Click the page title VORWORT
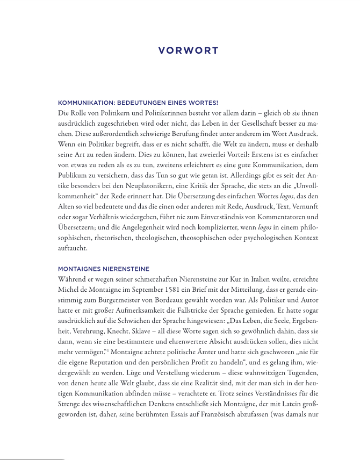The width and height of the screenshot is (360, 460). (x=188, y=51)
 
